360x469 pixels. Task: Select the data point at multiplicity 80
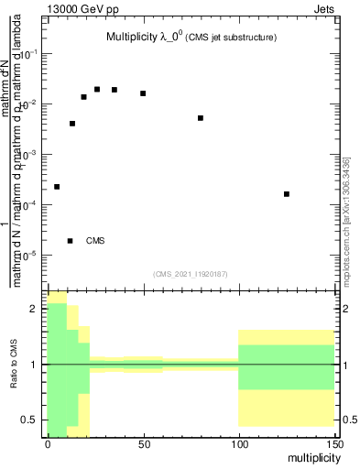201,118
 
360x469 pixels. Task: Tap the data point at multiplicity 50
143,93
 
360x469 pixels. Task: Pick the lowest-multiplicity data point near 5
57,187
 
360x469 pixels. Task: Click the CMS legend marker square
71,241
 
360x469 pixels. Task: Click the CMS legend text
95,241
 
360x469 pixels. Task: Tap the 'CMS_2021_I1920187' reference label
191,273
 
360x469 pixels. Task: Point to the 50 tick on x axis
143,445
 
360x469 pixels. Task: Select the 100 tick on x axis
238,445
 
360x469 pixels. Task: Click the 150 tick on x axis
333,445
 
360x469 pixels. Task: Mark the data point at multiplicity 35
115,90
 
